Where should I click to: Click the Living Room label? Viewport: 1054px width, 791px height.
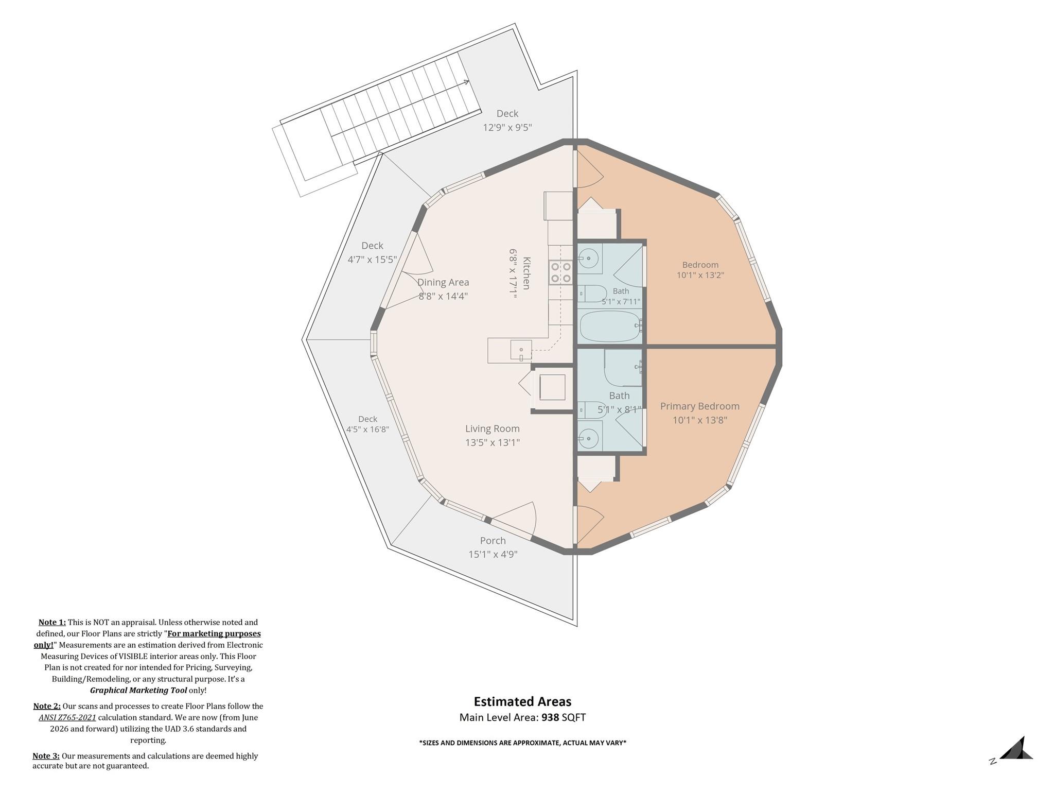coord(493,428)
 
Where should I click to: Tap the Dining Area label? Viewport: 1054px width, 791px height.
coord(443,282)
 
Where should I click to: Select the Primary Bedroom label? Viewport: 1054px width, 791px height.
coord(700,406)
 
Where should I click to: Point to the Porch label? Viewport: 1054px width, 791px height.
coord(493,541)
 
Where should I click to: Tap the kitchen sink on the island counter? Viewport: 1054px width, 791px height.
coord(521,350)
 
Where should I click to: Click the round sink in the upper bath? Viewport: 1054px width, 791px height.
coord(588,258)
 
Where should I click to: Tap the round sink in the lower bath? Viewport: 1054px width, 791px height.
coord(588,438)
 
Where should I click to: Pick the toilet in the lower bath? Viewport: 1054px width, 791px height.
coord(593,410)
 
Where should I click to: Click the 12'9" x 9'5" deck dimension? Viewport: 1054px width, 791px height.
coord(507,127)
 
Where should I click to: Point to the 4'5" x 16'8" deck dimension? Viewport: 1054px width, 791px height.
coord(367,429)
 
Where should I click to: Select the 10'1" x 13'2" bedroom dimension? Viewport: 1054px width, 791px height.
coord(700,275)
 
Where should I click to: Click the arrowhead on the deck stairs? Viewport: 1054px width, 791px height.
coord(466,82)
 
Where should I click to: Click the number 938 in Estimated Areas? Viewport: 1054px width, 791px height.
coord(550,717)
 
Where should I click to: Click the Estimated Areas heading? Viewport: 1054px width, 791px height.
coord(522,701)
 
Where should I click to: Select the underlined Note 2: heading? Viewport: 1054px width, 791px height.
coord(47,706)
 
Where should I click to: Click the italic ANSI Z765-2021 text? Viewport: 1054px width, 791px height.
coord(67,717)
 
